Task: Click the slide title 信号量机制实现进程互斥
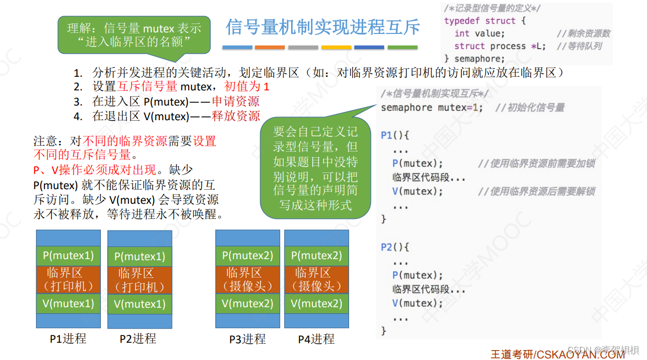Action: (322, 27)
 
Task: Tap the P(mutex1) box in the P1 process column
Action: (68, 256)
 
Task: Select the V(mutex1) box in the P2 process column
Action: (140, 304)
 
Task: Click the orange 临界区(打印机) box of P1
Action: (68, 280)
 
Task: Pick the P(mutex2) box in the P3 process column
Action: (248, 256)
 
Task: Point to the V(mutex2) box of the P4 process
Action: (316, 304)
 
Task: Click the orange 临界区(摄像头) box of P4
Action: (316, 280)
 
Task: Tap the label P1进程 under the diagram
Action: (68, 339)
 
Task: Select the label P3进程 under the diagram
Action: (247, 339)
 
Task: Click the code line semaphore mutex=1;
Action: (432, 108)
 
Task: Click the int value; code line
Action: (479, 33)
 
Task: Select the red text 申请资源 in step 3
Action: (235, 101)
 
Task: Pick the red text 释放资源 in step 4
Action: (236, 115)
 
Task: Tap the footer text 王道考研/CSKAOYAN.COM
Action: (557, 354)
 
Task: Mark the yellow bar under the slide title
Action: (336, 48)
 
